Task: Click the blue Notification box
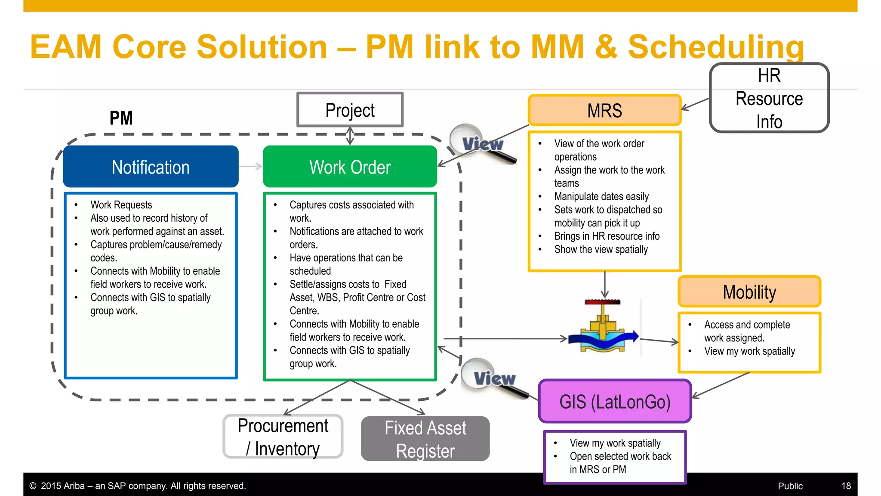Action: tap(151, 167)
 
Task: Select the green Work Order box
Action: tap(350, 167)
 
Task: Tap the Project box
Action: tap(350, 110)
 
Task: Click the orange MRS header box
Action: tap(604, 111)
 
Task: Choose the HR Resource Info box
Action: tap(769, 99)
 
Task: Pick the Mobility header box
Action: tap(749, 292)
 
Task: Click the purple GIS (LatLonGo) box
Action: tap(615, 401)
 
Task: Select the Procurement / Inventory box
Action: tap(283, 437)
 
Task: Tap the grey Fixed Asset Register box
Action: tap(425, 439)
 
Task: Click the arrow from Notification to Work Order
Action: tap(250, 167)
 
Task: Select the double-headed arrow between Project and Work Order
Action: tap(350, 136)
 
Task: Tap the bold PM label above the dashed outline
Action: tap(121, 118)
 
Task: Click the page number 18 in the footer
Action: tap(846, 486)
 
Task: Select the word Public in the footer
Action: tap(790, 486)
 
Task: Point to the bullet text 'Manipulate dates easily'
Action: tap(601, 196)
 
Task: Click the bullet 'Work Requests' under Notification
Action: tap(121, 205)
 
